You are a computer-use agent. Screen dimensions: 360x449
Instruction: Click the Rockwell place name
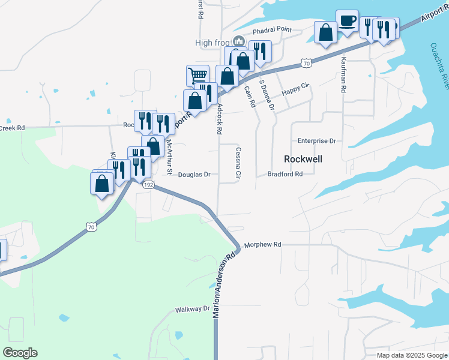(x=303, y=159)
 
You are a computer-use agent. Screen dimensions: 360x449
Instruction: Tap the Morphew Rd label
(x=261, y=245)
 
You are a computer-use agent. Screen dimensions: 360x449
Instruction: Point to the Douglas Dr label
(x=194, y=175)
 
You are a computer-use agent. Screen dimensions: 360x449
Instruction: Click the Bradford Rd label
(x=285, y=175)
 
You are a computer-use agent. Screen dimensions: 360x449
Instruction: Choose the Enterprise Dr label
(x=316, y=141)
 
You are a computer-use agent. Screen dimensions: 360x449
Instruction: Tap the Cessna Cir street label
(x=238, y=164)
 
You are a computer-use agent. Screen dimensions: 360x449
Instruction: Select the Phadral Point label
(x=271, y=31)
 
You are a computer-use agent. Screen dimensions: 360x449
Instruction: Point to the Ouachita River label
(x=438, y=66)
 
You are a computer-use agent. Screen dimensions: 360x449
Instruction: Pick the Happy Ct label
(x=295, y=89)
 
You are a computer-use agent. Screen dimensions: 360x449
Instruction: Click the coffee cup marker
(x=347, y=22)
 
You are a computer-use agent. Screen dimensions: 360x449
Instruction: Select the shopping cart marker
(x=197, y=76)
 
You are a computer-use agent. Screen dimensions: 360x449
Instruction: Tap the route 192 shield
(x=149, y=185)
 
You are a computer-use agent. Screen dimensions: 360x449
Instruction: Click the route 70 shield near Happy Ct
(x=306, y=62)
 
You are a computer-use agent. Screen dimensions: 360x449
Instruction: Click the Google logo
(x=20, y=353)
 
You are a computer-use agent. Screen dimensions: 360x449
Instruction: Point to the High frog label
(x=213, y=43)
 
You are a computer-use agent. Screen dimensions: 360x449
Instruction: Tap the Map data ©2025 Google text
(x=411, y=355)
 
